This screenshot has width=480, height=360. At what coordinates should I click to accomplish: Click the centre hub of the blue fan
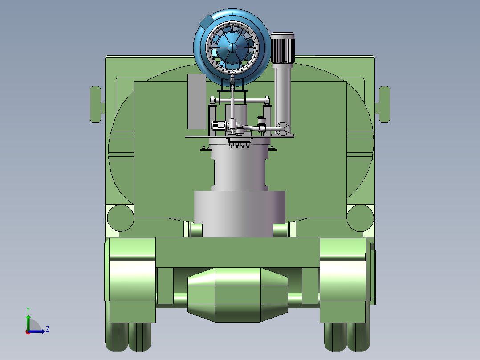click(x=232, y=48)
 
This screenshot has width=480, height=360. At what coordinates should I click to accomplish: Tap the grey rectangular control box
click(x=196, y=102)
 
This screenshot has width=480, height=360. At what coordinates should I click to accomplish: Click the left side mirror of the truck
click(x=95, y=104)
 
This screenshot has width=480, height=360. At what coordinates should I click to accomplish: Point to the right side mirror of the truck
click(x=384, y=104)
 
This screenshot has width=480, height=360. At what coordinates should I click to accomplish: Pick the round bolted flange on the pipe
click(x=283, y=128)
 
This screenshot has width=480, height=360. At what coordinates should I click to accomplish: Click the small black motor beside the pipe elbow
click(x=219, y=125)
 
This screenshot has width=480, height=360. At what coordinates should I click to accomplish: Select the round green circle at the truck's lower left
click(x=120, y=218)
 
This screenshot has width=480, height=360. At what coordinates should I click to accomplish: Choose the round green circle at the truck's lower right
click(x=360, y=218)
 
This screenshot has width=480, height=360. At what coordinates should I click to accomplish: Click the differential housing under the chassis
click(x=238, y=295)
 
